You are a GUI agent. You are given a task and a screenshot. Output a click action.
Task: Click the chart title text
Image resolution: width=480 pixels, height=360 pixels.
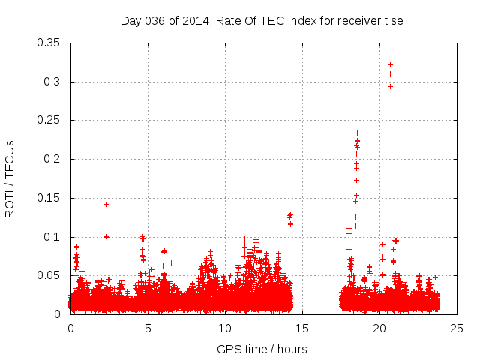[x=262, y=20]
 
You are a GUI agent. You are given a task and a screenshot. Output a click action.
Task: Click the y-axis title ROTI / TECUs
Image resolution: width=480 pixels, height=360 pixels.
[x=10, y=178]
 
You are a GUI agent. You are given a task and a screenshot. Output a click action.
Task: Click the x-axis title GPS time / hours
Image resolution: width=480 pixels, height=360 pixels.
[x=262, y=349]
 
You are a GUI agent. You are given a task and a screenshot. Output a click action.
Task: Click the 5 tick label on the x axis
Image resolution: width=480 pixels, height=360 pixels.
[x=148, y=328]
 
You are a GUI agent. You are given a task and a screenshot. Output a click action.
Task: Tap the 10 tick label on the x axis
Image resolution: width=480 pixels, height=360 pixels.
[x=225, y=328]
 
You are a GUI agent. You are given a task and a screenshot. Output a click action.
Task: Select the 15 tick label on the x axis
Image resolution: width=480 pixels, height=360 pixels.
[x=302, y=328]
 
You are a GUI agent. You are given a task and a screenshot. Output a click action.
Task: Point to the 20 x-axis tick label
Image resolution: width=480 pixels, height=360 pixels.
[x=379, y=328]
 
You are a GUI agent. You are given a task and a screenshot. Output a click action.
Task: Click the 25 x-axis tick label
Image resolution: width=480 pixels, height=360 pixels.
[x=457, y=328]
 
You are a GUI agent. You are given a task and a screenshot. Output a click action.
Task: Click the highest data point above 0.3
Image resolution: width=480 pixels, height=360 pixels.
[x=390, y=64]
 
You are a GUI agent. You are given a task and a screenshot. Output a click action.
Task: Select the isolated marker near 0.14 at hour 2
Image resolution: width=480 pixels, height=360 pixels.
[x=106, y=204]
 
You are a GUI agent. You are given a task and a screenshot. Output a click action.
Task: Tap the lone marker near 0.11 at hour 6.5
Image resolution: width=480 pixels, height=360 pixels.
[x=169, y=229]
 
